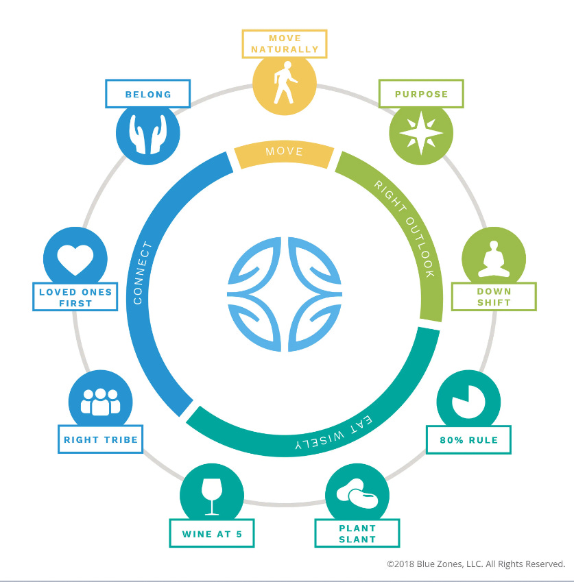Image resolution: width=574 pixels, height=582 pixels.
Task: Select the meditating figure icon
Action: [493, 260]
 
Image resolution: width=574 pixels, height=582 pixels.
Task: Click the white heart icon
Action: [75, 259]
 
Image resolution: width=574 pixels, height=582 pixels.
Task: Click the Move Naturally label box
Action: [285, 44]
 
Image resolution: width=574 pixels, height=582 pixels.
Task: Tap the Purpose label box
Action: [421, 94]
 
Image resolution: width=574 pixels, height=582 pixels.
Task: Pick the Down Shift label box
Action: [494, 297]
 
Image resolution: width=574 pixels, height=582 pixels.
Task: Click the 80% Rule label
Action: [468, 440]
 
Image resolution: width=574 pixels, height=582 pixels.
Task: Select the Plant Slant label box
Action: [357, 533]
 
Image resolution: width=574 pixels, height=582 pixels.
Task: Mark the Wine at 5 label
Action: [212, 534]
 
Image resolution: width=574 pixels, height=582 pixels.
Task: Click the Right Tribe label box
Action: [100, 439]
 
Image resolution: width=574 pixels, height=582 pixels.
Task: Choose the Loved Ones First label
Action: [75, 297]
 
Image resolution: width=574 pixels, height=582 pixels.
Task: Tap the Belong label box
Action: [147, 94]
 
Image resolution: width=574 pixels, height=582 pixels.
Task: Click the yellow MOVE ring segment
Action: [284, 152]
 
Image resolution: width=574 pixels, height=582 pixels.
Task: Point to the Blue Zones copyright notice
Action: [475, 564]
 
